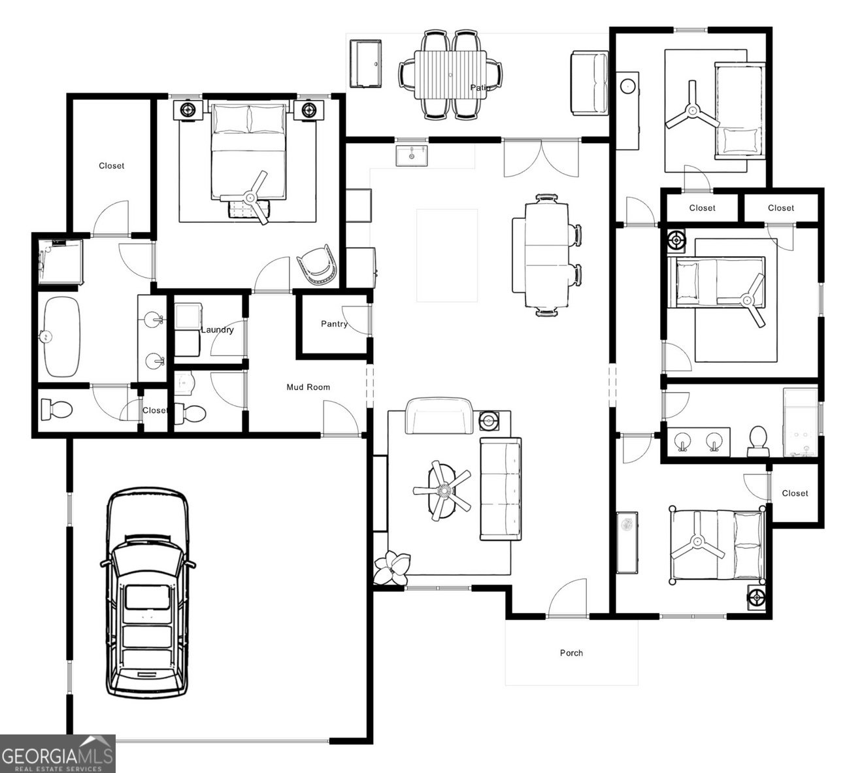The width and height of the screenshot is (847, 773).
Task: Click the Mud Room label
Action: pos(308,387)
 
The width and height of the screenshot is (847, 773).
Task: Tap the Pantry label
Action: pos(334,324)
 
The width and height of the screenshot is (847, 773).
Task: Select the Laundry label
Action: pos(217,330)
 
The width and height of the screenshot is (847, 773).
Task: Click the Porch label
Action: pos(571,653)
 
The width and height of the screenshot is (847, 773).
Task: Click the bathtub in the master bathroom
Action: pos(62,337)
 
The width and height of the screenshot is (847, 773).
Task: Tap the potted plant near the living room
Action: pos(392,567)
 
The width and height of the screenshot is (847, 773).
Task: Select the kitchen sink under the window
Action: pos(411,156)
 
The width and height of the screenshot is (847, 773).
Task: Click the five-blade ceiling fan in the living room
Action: pos(442,490)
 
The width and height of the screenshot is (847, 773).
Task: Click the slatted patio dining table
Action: pos(450,74)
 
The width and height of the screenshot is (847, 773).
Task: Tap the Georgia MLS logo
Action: pos(58,753)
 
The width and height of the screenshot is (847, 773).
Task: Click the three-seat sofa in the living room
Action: pos(501,489)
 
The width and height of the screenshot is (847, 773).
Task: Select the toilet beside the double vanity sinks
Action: pos(758,442)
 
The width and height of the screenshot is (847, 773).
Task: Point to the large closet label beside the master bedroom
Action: pos(112,166)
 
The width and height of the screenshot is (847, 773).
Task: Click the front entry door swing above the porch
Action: pos(568,598)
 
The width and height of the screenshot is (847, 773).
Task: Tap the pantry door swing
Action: pos(356,320)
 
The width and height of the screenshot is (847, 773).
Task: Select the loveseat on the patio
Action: pos(590,83)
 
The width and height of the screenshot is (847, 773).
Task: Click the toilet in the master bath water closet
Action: pos(57,410)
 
